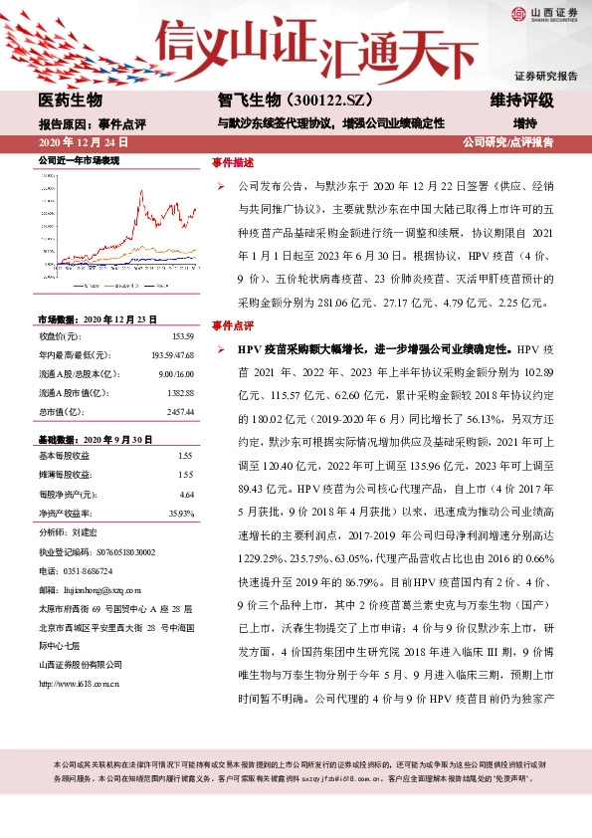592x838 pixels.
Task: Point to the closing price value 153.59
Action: tap(181, 335)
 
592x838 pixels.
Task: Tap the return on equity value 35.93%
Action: tap(180, 513)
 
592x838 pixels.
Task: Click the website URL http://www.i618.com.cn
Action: tap(80, 684)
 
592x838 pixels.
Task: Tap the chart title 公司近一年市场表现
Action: tap(79, 160)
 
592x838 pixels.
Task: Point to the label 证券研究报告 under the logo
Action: tap(545, 76)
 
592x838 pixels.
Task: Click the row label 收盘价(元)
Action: tap(61, 335)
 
